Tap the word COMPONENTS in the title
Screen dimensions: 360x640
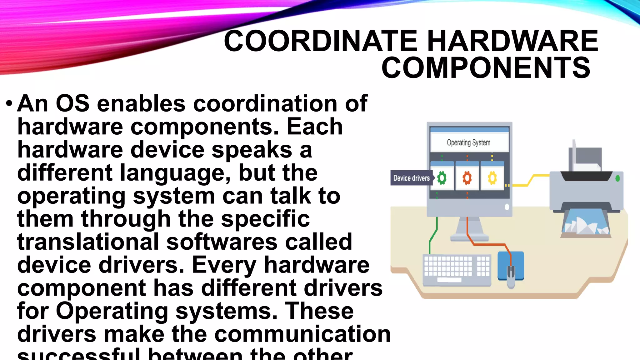(x=486, y=68)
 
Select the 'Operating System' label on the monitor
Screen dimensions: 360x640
(x=468, y=143)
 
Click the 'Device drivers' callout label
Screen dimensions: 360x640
(x=411, y=178)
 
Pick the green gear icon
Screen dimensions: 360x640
(x=442, y=178)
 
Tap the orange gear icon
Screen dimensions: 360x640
(x=467, y=178)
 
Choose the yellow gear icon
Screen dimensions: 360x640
(x=492, y=178)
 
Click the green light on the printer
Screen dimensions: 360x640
(x=617, y=178)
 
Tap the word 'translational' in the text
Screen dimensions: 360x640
(x=88, y=242)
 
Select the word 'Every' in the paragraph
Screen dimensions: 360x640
(x=224, y=265)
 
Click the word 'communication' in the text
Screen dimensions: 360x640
(x=302, y=334)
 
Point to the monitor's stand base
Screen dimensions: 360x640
(x=469, y=238)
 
